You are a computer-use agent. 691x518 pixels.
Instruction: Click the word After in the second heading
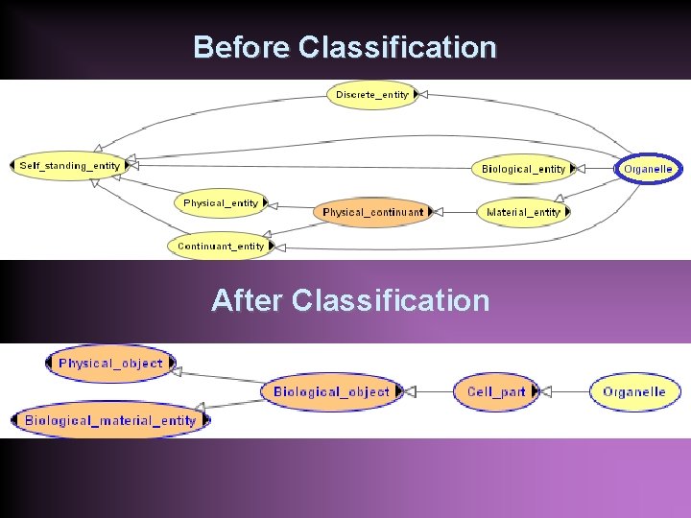click(x=248, y=300)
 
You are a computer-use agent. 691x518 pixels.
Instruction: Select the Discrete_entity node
click(x=372, y=94)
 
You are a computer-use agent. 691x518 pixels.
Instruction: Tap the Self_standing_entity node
click(x=70, y=165)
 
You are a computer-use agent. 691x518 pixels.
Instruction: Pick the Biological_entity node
click(x=524, y=169)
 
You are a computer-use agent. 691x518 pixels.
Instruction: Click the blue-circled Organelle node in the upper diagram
click(x=648, y=169)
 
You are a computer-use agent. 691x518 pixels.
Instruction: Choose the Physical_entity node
click(x=221, y=202)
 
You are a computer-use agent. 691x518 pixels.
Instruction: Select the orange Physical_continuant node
click(x=372, y=212)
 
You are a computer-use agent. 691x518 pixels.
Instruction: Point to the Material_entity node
click(x=523, y=212)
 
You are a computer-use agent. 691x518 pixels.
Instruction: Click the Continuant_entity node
click(x=221, y=246)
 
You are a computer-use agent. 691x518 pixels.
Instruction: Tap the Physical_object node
click(x=110, y=364)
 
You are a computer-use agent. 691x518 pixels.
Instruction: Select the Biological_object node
click(x=331, y=391)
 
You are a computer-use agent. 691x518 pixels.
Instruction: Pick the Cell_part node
click(x=496, y=391)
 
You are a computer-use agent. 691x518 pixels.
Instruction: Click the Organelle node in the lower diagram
click(x=634, y=391)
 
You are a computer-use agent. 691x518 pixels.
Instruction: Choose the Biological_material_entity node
click(x=109, y=420)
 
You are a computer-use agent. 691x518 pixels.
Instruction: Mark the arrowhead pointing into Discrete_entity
click(x=420, y=94)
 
